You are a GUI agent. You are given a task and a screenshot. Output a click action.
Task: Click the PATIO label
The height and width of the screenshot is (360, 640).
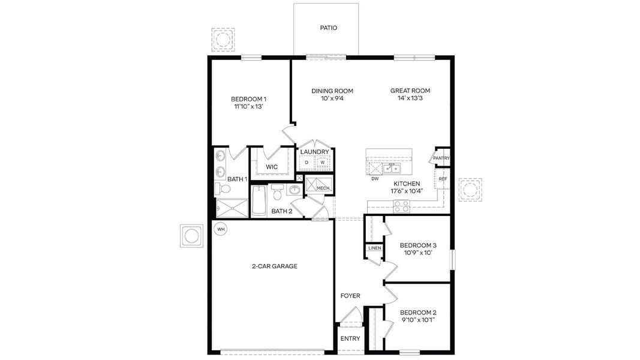[x=328, y=28]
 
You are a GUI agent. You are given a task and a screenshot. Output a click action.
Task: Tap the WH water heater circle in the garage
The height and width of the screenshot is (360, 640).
[x=221, y=229]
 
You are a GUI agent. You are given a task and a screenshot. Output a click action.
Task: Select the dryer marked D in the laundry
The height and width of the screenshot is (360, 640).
[x=307, y=163]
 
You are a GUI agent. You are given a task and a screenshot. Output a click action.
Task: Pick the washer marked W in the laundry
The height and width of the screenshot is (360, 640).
[x=322, y=163]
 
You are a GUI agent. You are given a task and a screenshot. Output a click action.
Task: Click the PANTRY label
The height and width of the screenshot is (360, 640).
[x=441, y=158]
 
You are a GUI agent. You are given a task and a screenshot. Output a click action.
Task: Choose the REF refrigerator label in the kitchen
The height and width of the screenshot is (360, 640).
[x=443, y=179]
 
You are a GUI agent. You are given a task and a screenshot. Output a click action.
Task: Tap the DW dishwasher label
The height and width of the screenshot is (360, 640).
[x=375, y=179]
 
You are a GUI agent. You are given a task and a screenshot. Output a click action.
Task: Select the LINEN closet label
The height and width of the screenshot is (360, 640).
[x=374, y=248]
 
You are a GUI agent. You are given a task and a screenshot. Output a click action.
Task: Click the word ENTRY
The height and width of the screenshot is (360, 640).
[x=350, y=338]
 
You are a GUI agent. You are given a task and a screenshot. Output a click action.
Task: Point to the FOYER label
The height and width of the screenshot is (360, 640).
[x=350, y=296]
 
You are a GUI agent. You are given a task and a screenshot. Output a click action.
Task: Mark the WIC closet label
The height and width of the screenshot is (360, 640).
[x=272, y=166]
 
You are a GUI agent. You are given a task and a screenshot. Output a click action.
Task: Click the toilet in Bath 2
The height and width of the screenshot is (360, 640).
[x=277, y=193]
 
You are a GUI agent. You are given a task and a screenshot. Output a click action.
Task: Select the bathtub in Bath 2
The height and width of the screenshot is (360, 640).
[x=259, y=201]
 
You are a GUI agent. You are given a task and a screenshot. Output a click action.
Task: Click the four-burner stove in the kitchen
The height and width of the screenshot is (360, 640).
[x=401, y=206]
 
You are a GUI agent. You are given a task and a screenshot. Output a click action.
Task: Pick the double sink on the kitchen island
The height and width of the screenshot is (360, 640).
[x=392, y=167]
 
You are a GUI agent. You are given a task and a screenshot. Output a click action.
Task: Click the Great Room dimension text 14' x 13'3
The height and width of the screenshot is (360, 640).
[x=410, y=98]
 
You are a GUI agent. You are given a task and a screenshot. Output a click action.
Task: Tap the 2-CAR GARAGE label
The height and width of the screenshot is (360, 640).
[x=274, y=266]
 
